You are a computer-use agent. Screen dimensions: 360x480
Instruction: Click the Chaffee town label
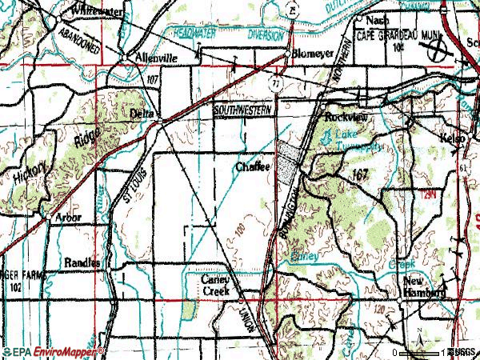pos(255,167)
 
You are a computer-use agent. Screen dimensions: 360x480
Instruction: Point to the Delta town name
pos(142,114)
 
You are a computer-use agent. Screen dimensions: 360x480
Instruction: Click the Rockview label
pos(346,116)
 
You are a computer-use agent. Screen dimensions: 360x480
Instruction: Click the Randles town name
pos(83,262)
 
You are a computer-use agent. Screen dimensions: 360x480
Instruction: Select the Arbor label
pos(63,217)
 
